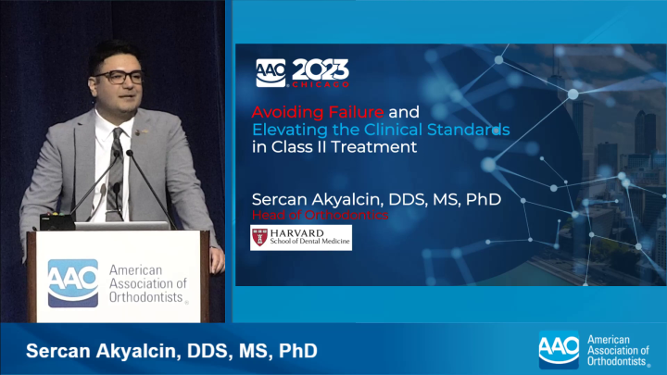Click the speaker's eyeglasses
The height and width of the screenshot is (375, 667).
[119, 77]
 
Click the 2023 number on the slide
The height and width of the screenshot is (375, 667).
[321, 70]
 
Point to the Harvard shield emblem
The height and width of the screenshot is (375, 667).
[259, 237]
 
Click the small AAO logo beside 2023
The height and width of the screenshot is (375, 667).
[271, 71]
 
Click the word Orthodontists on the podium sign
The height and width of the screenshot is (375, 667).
[147, 298]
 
